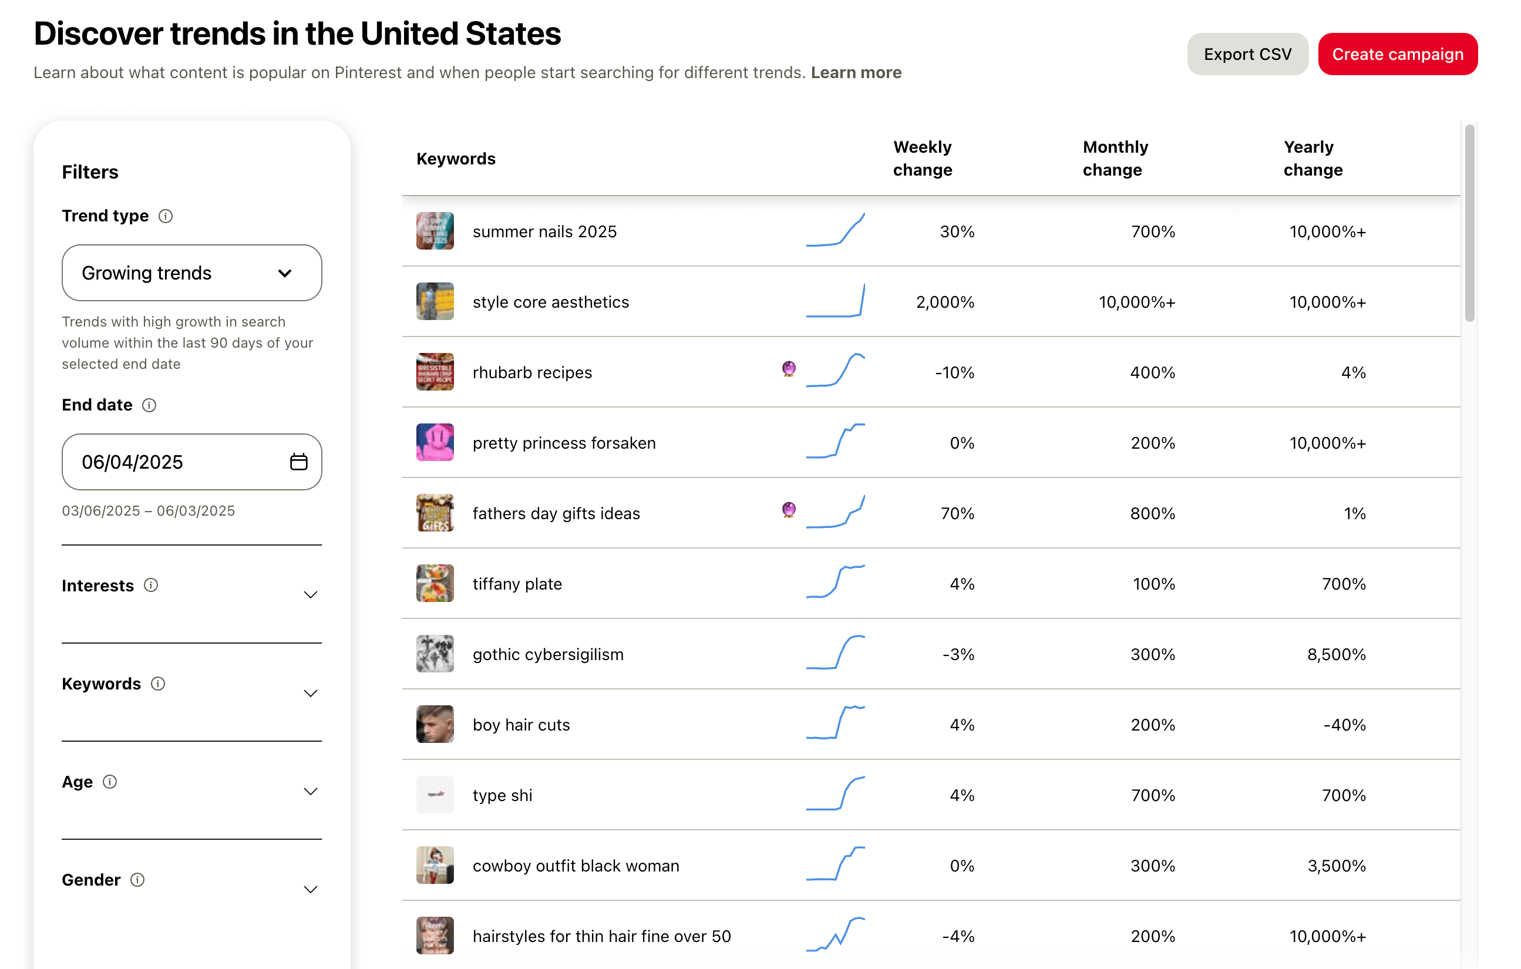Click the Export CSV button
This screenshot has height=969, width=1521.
point(1247,55)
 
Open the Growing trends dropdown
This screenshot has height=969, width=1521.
point(191,273)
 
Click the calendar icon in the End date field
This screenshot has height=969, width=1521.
point(298,462)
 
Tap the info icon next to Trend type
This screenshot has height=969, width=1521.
point(166,216)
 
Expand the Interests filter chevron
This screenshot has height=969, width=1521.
point(310,594)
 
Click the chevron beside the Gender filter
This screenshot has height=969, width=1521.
point(310,889)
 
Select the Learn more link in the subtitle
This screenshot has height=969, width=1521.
point(856,73)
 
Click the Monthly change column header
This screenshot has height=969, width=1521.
point(1115,158)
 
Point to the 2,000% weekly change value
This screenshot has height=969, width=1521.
point(945,302)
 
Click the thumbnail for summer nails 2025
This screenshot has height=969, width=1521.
point(435,231)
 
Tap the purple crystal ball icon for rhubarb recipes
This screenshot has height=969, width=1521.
point(788,368)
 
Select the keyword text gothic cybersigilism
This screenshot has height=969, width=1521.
point(548,654)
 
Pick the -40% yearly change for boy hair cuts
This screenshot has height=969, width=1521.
point(1344,725)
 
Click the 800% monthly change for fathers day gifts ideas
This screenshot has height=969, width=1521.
point(1152,513)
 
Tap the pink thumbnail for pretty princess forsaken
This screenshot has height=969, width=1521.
point(435,442)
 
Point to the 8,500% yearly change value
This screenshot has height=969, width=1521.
point(1336,654)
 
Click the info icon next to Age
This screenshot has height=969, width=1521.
point(110,782)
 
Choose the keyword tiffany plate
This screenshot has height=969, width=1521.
point(517,584)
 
